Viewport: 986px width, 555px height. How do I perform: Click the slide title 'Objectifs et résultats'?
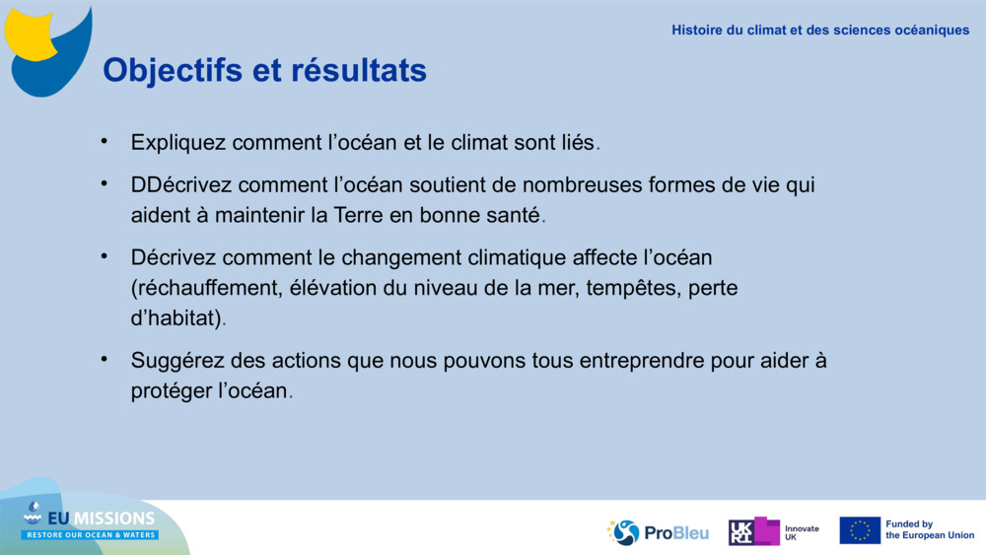pyautogui.click(x=264, y=70)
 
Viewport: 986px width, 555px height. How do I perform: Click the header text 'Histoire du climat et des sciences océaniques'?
pyautogui.click(x=820, y=30)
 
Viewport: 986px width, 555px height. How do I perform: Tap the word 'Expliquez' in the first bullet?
pyautogui.click(x=178, y=143)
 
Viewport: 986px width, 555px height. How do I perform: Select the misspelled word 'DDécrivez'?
pyautogui.click(x=181, y=185)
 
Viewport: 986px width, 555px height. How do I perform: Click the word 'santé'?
pyautogui.click(x=512, y=214)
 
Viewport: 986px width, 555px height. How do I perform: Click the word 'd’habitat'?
pyautogui.click(x=175, y=318)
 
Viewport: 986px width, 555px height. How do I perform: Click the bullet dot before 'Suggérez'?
pyautogui.click(x=104, y=358)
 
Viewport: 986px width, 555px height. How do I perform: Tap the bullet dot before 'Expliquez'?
pyautogui.click(x=104, y=140)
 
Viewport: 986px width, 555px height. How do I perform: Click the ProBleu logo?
pyautogui.click(x=658, y=532)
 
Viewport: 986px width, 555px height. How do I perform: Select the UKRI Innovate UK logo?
pyautogui.click(x=773, y=531)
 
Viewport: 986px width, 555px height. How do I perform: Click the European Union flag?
pyautogui.click(x=860, y=530)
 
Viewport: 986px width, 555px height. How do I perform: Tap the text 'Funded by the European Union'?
pyautogui.click(x=929, y=530)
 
